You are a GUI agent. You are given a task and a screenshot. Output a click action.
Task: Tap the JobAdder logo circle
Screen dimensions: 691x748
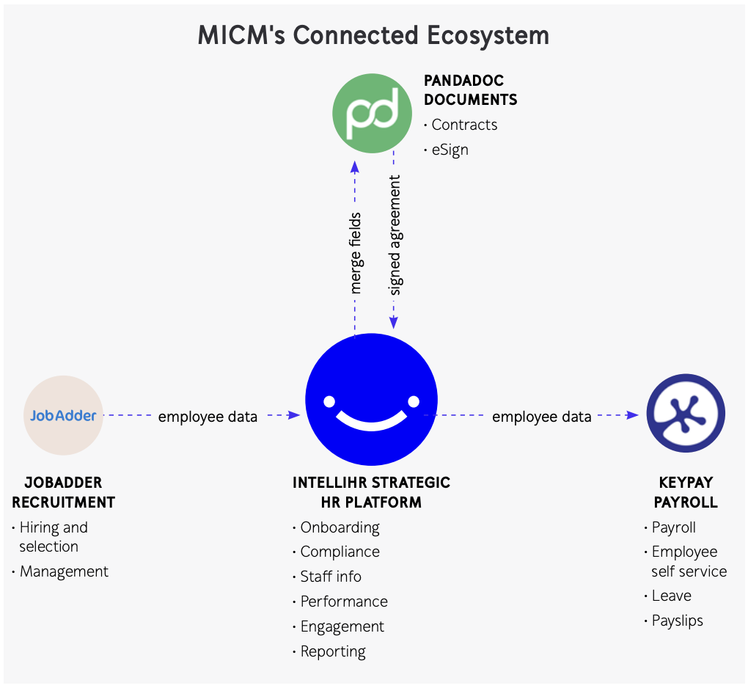pyautogui.click(x=64, y=415)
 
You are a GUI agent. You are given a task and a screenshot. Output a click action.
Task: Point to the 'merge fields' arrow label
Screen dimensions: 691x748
pyautogui.click(x=356, y=253)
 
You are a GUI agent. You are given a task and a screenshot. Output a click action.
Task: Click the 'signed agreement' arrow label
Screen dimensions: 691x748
pyautogui.click(x=395, y=235)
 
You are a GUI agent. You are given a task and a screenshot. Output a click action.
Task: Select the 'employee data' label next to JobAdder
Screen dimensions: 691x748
pyautogui.click(x=208, y=417)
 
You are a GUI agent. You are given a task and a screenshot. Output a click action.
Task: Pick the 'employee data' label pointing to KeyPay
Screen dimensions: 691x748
pyautogui.click(x=541, y=417)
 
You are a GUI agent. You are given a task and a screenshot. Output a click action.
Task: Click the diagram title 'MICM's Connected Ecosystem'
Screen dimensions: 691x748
pyautogui.click(x=373, y=36)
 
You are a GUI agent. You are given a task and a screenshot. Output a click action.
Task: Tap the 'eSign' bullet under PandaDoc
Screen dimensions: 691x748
pyautogui.click(x=450, y=150)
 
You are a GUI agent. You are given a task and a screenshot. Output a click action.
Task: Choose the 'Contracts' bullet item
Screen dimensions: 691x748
pyautogui.click(x=464, y=125)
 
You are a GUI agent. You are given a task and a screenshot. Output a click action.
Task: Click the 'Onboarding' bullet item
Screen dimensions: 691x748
pyautogui.click(x=340, y=527)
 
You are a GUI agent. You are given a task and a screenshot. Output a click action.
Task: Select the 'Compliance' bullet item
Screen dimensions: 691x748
pyautogui.click(x=340, y=552)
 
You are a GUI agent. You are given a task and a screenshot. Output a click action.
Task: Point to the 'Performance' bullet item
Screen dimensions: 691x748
pyautogui.click(x=344, y=602)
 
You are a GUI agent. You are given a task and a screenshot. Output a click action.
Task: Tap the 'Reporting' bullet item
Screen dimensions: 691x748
pyautogui.click(x=333, y=651)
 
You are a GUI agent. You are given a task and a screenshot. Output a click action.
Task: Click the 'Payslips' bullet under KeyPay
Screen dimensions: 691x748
pyautogui.click(x=677, y=621)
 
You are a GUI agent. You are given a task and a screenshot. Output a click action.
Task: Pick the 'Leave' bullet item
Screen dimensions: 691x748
pyautogui.click(x=671, y=596)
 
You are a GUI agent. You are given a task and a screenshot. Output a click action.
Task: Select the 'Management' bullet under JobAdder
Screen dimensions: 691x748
pyautogui.click(x=64, y=571)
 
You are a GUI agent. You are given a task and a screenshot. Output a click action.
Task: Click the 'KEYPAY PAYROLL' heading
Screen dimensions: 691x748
pyautogui.click(x=686, y=492)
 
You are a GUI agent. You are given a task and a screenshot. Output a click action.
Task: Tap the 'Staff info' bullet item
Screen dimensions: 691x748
pyautogui.click(x=331, y=577)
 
